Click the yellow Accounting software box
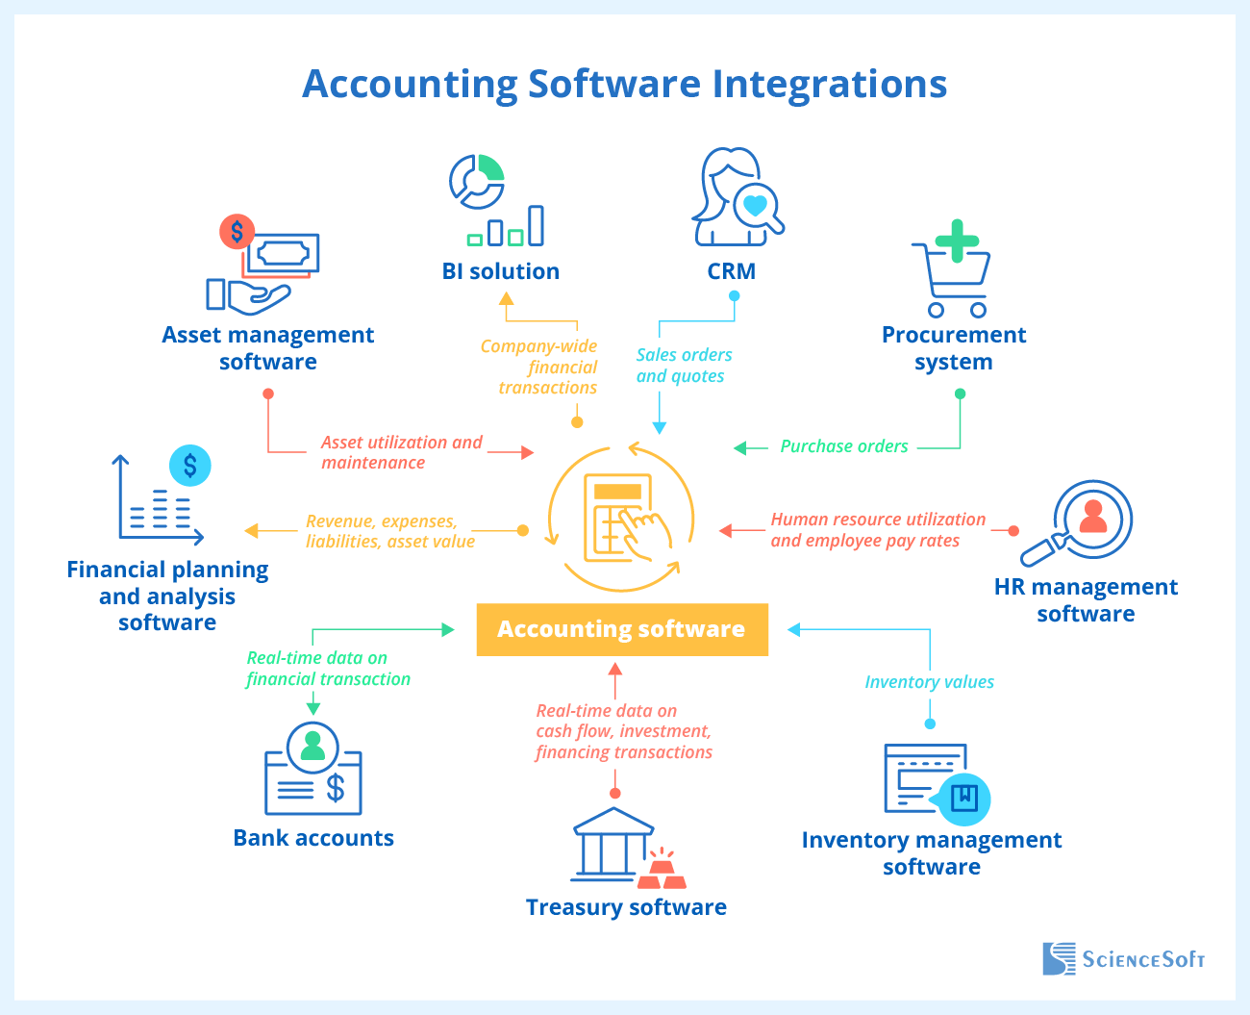coord(621,629)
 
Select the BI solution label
coord(500,271)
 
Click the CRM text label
coord(731,271)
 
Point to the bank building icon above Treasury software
coord(612,845)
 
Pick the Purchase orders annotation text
coord(843,446)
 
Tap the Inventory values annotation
coord(929,682)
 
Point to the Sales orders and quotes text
coord(683,366)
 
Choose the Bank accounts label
coord(313,838)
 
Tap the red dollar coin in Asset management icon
coord(237,231)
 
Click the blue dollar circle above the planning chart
coord(190,467)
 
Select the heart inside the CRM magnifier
coord(756,205)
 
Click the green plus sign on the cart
coord(957,241)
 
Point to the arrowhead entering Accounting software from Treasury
coord(615,668)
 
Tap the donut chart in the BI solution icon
coord(477,181)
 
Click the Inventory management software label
coord(931,853)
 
